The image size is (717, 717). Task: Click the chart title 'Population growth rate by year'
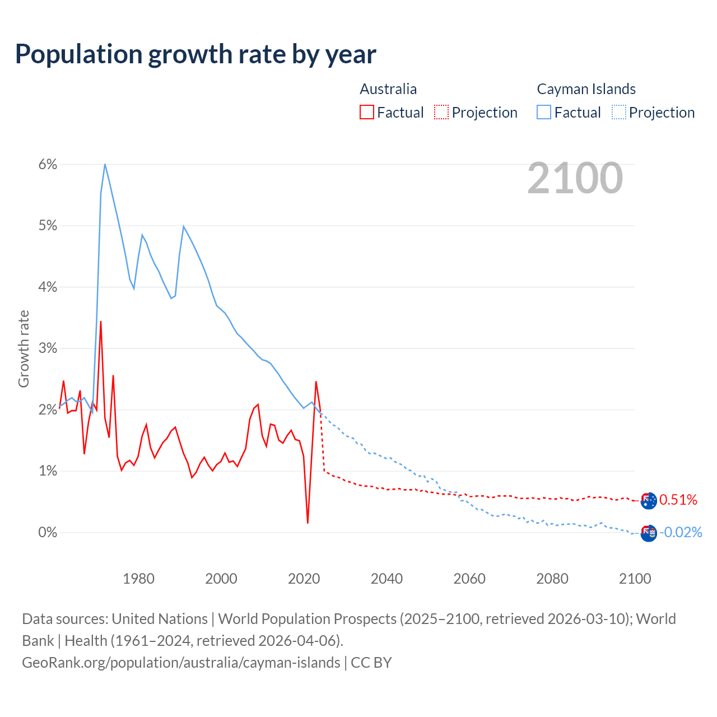[x=195, y=54]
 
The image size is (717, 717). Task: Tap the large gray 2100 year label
[x=575, y=178]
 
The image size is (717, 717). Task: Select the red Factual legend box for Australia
[x=367, y=112]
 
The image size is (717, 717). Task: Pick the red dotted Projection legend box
[x=441, y=112]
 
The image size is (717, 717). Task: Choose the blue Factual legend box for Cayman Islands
[x=544, y=112]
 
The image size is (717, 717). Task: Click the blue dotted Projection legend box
[x=618, y=112]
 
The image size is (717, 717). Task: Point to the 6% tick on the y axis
[x=48, y=164]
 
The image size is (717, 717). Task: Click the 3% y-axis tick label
[x=48, y=348]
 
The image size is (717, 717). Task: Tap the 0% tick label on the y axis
[x=48, y=532]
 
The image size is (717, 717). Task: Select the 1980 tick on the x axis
[x=138, y=579]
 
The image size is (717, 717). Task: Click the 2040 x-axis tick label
[x=387, y=579]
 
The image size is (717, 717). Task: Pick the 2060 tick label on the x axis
[x=469, y=579]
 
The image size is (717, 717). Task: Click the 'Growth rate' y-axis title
[x=24, y=348]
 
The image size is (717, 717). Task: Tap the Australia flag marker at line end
[x=649, y=500]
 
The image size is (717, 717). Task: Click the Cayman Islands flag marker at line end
[x=649, y=533]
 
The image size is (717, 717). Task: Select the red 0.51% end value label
[x=678, y=500]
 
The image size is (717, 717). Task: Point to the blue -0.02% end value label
[x=681, y=532]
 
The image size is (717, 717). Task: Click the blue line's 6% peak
[x=105, y=164]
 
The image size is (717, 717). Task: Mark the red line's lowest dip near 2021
[x=308, y=523]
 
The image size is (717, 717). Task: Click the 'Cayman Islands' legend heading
[x=586, y=89]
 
